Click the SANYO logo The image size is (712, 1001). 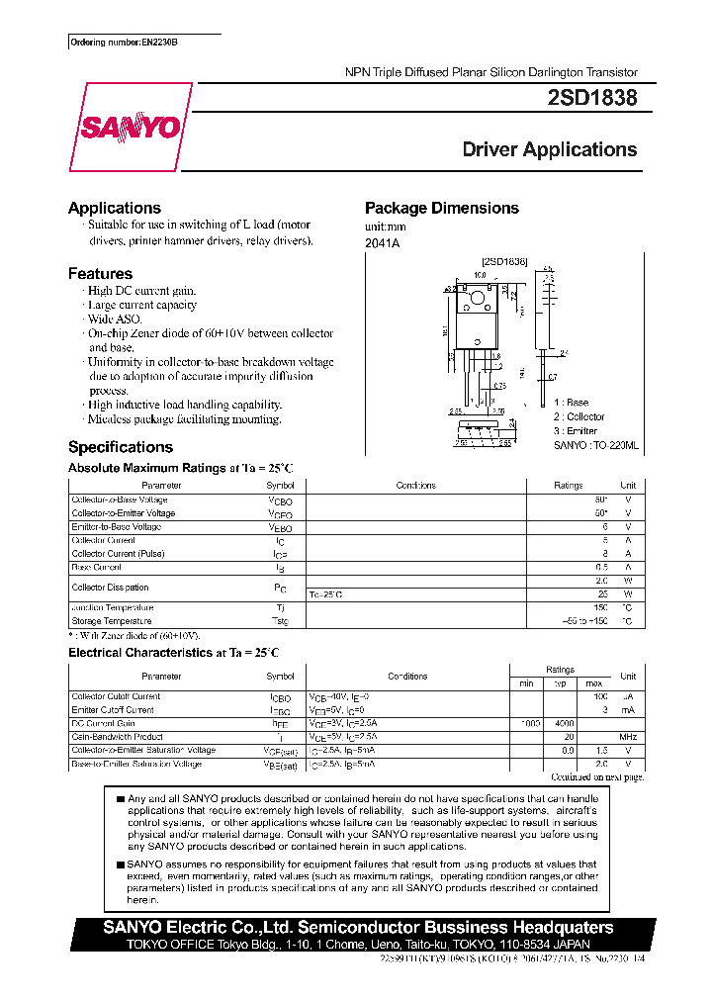(x=131, y=129)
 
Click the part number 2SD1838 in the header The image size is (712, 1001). (x=591, y=99)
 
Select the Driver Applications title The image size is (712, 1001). (x=550, y=150)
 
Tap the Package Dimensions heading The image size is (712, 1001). (x=441, y=208)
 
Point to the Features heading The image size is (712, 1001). (x=100, y=273)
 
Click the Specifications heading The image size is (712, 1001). (x=120, y=447)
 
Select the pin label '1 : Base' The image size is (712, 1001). (x=571, y=403)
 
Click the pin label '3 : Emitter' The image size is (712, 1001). (x=576, y=431)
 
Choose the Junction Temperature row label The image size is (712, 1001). (x=113, y=607)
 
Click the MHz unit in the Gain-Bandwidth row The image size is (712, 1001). (x=628, y=737)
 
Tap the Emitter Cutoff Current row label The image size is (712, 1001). (x=113, y=709)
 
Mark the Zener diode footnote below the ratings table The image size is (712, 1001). (x=134, y=635)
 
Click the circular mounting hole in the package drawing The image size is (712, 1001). (x=479, y=297)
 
